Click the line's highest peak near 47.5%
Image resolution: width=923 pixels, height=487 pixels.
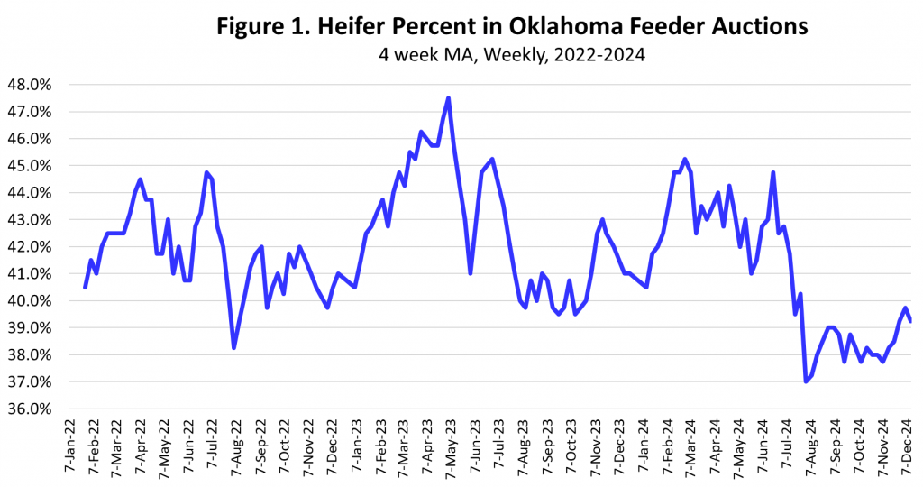click(x=448, y=98)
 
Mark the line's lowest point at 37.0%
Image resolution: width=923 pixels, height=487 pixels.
click(x=805, y=381)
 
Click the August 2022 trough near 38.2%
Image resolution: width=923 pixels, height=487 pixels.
click(x=233, y=348)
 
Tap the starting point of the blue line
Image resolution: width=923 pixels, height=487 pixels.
click(x=85, y=287)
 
